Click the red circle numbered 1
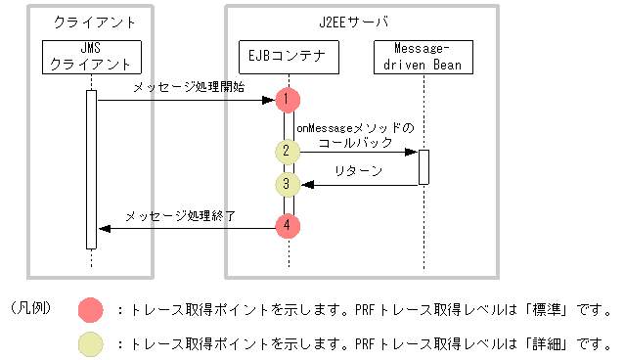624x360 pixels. point(287,99)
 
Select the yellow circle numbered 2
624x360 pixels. point(287,152)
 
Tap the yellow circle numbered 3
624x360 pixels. point(287,183)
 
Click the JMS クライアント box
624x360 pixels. point(91,58)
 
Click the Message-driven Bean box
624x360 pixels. point(424,58)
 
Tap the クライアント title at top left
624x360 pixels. point(91,22)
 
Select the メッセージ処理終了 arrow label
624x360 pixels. point(180,215)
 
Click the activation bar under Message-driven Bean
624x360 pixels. point(424,166)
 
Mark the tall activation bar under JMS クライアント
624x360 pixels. point(91,168)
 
